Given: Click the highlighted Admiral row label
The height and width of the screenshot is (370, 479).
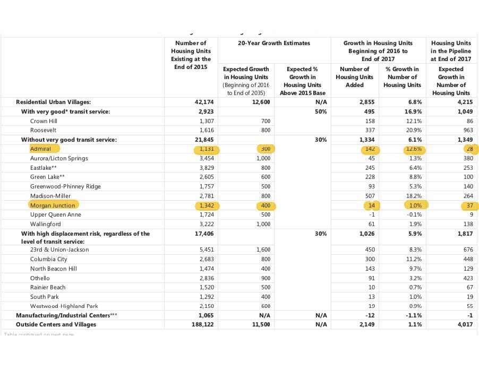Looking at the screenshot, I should (x=41, y=149).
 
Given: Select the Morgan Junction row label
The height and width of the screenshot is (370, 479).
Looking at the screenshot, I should (x=53, y=205).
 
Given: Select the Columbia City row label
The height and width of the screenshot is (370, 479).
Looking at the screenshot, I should (x=48, y=259).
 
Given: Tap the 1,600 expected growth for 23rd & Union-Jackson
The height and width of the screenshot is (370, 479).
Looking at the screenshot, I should (x=261, y=249).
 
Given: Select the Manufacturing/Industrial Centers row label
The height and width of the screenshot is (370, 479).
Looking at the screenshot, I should (x=66, y=315).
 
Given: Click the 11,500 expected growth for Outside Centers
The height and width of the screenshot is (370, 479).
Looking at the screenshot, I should (x=259, y=324).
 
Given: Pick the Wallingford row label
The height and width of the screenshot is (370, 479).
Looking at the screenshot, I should (x=46, y=224).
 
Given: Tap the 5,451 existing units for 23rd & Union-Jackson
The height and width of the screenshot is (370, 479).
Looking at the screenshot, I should (x=204, y=249).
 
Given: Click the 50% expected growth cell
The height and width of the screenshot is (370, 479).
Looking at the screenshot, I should (x=319, y=111).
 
